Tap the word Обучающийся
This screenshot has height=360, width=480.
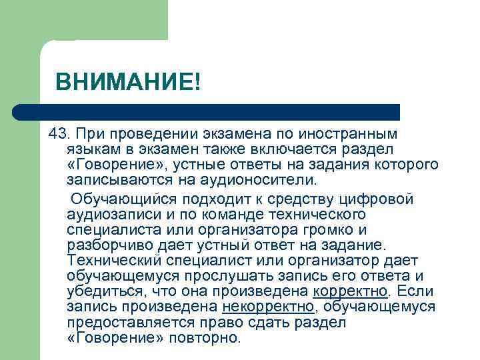129,199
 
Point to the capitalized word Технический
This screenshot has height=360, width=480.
121,260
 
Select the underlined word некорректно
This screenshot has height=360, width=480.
268,306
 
